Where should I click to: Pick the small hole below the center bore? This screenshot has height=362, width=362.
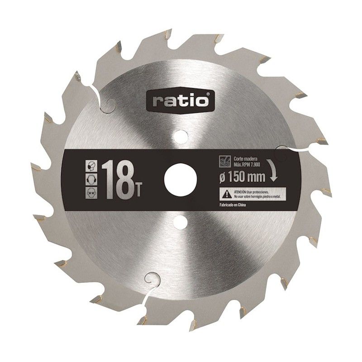(181, 221)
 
